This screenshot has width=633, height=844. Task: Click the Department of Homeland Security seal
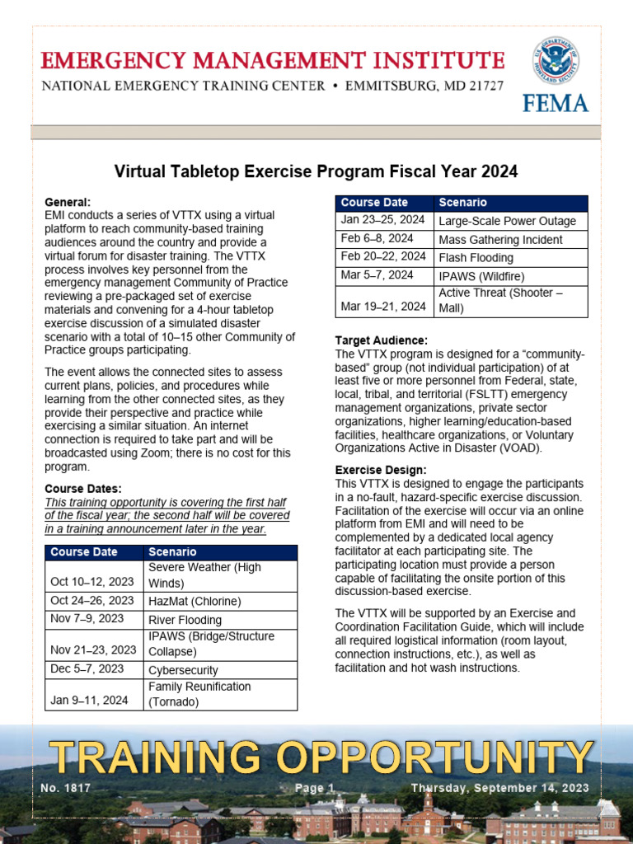(555, 59)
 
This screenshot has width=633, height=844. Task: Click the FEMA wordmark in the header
(555, 102)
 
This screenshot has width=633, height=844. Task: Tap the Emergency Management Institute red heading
(273, 60)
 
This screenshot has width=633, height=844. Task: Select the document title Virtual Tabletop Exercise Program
(316, 171)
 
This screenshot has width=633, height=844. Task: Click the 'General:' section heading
(68, 202)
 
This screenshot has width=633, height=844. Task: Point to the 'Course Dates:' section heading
(83, 489)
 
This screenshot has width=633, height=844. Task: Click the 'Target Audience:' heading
(381, 340)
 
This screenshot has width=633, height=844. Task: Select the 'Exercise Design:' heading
(381, 470)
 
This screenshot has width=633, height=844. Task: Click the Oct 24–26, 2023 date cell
(92, 601)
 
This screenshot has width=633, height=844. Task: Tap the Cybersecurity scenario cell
(183, 670)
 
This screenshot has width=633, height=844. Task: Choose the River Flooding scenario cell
(185, 620)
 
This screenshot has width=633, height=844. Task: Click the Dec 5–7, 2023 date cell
(87, 669)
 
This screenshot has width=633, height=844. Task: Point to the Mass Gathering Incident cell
(500, 240)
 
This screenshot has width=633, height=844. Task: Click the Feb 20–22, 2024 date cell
(383, 257)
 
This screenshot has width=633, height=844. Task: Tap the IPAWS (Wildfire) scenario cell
(481, 276)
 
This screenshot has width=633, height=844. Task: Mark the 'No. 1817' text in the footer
(65, 788)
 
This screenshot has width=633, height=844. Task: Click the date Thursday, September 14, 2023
(500, 788)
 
